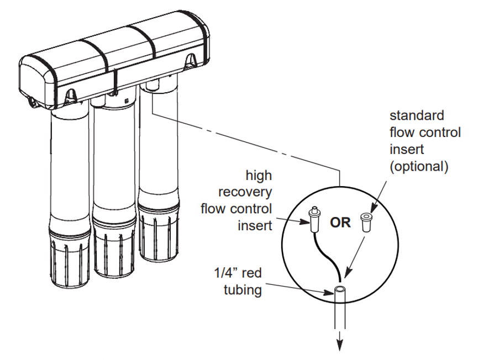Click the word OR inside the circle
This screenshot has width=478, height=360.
click(340, 223)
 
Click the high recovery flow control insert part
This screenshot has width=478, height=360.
click(314, 220)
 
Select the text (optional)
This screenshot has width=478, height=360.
click(418, 167)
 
